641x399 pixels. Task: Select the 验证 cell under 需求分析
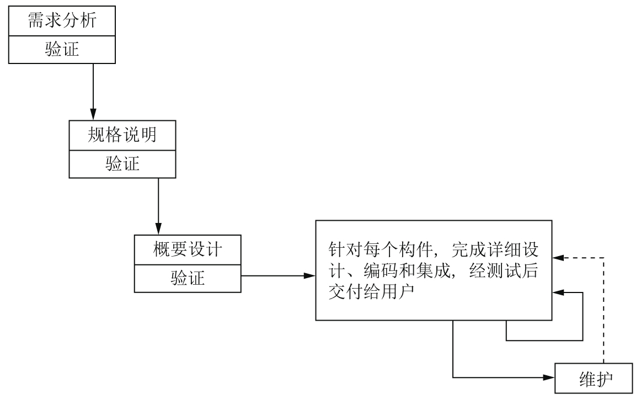pyautogui.click(x=62, y=49)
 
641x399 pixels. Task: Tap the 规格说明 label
pyautogui.click(x=122, y=135)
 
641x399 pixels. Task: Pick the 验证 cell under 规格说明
pyautogui.click(x=122, y=164)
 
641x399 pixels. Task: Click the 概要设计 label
pyautogui.click(x=188, y=249)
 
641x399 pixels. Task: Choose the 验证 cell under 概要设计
pyautogui.click(x=188, y=279)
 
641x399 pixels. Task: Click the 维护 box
pyautogui.click(x=591, y=378)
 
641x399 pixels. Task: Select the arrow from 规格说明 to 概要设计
pyautogui.click(x=158, y=204)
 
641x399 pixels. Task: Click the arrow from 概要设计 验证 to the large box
pyautogui.click(x=276, y=275)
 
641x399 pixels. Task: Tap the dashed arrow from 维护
pyautogui.click(x=605, y=309)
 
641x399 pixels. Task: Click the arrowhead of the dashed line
pyautogui.click(x=558, y=258)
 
